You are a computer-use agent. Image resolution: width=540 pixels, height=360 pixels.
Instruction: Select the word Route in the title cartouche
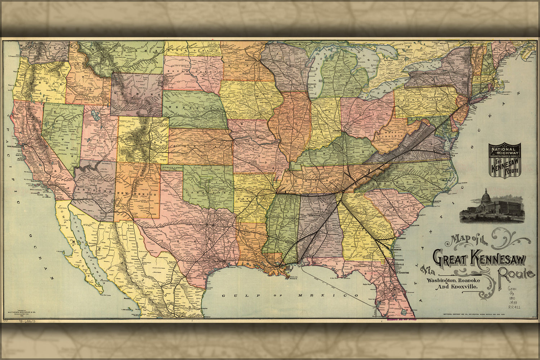[x=516, y=274]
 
